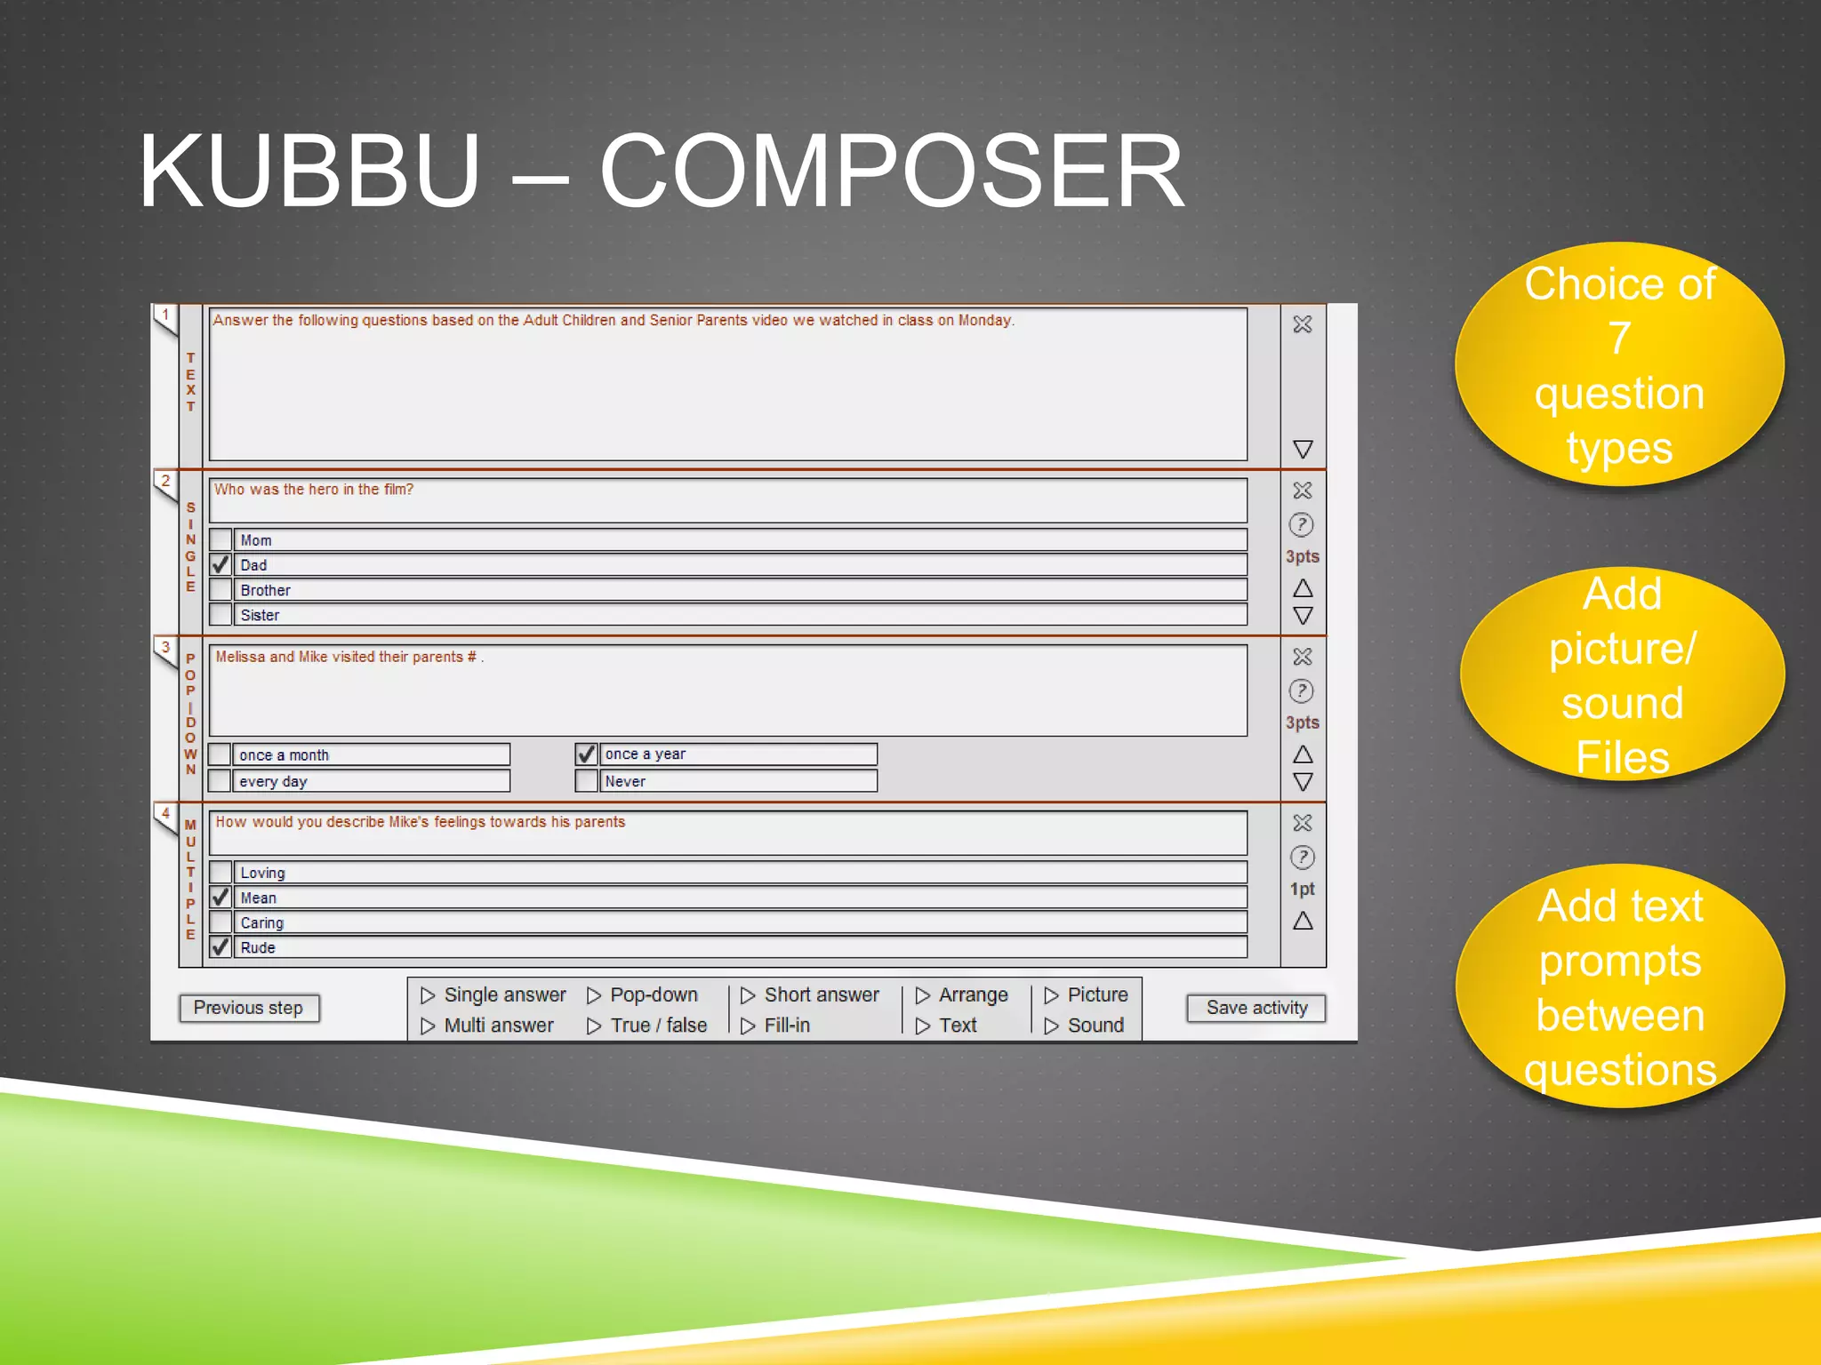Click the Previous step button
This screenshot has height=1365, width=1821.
(248, 1008)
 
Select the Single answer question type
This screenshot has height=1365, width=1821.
(493, 994)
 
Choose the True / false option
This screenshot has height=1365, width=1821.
(647, 1026)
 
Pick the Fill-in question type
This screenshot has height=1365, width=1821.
(775, 1026)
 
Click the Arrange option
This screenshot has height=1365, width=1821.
(962, 994)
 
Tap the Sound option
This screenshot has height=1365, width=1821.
(1085, 1026)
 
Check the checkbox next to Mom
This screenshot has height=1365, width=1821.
(221, 539)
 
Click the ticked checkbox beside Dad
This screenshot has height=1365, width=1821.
(221, 564)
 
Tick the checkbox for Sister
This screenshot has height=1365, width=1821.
(221, 614)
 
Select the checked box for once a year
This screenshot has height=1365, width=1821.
(586, 754)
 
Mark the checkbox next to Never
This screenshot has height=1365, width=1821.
(586, 781)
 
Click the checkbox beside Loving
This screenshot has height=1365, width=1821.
(221, 873)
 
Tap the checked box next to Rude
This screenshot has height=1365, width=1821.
(221, 947)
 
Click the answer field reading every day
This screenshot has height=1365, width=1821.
(371, 781)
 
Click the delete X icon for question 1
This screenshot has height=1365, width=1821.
(1303, 324)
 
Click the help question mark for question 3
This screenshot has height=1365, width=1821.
(1302, 690)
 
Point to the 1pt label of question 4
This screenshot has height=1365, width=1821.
(1303, 889)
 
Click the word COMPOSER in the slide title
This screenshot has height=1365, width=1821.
(892, 172)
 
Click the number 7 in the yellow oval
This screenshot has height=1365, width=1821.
(1619, 338)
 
